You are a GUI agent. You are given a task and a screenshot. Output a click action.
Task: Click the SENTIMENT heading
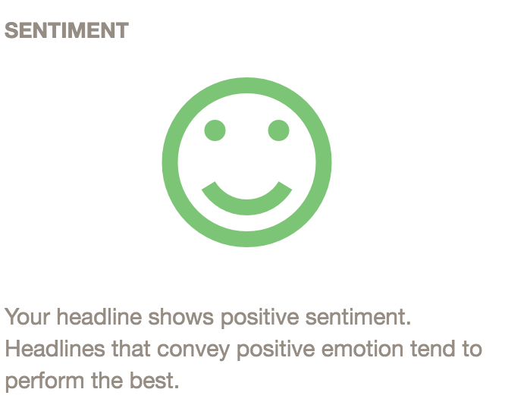67,30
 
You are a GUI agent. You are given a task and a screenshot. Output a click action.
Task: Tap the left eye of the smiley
215,130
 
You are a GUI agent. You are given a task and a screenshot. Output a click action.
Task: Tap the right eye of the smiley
278,130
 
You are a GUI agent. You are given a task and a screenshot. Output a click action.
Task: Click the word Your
27,317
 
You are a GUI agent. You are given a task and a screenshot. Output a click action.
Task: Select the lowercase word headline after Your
99,317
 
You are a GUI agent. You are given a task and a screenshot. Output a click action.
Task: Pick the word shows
180,317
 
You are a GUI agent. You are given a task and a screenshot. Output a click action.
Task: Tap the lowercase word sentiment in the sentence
358,317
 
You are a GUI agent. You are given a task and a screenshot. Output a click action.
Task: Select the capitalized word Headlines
55,349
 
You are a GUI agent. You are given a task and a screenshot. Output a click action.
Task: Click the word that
131,349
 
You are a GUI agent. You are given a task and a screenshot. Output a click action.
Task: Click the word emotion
362,349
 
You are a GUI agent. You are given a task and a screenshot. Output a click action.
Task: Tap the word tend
433,349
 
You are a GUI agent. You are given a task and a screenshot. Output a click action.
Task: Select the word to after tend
472,349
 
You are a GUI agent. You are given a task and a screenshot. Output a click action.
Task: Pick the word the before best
107,380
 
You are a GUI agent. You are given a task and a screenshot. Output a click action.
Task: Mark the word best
154,380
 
